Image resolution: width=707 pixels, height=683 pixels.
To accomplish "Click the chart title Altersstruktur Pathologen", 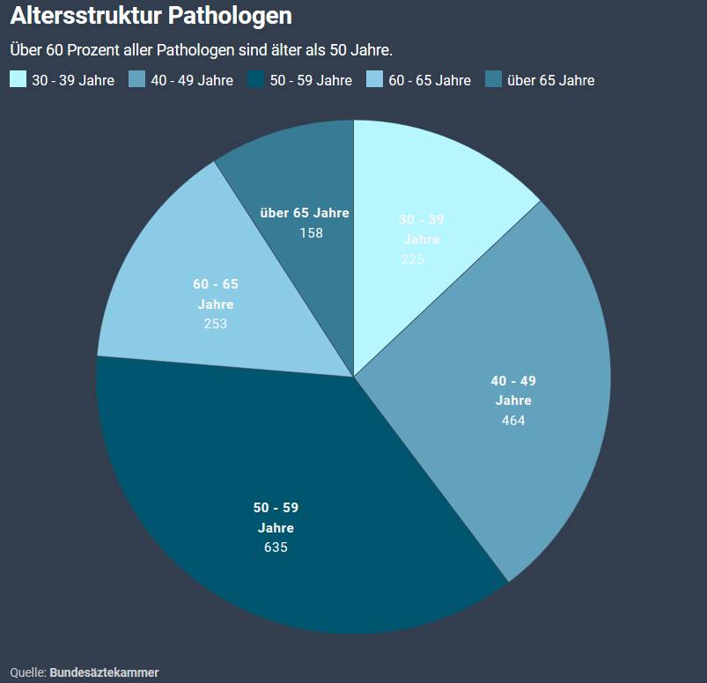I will (151, 16).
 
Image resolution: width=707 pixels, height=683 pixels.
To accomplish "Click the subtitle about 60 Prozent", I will (201, 48).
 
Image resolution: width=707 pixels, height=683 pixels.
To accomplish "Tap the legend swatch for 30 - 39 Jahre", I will (18, 80).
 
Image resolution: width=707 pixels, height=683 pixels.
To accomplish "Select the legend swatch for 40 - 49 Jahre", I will (137, 80).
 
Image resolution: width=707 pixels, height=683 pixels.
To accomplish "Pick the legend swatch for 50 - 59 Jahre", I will (256, 80).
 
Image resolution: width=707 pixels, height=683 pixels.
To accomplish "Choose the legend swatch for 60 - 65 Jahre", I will (375, 80).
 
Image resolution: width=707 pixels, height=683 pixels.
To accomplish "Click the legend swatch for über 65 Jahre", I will (494, 80).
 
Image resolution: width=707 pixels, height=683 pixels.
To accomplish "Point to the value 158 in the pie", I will (311, 233).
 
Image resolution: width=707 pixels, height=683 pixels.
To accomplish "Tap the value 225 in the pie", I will (412, 259).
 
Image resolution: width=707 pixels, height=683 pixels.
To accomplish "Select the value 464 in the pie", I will (513, 421).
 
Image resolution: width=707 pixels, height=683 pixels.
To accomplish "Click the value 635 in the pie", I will (276, 547).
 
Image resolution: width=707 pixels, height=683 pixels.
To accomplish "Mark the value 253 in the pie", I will (215, 324).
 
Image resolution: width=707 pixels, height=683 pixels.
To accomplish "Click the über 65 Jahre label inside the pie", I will (305, 213).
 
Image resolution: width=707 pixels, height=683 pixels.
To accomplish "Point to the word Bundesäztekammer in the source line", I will (104, 672).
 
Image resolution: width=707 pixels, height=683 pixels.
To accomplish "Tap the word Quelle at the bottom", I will (27, 672).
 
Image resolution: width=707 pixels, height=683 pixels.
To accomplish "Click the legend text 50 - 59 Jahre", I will (311, 81).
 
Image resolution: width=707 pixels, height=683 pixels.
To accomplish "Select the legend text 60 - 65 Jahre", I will (430, 81).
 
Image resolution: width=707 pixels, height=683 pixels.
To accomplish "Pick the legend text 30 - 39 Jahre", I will (73, 81).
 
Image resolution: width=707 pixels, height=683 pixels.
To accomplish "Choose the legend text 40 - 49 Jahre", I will (192, 81).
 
